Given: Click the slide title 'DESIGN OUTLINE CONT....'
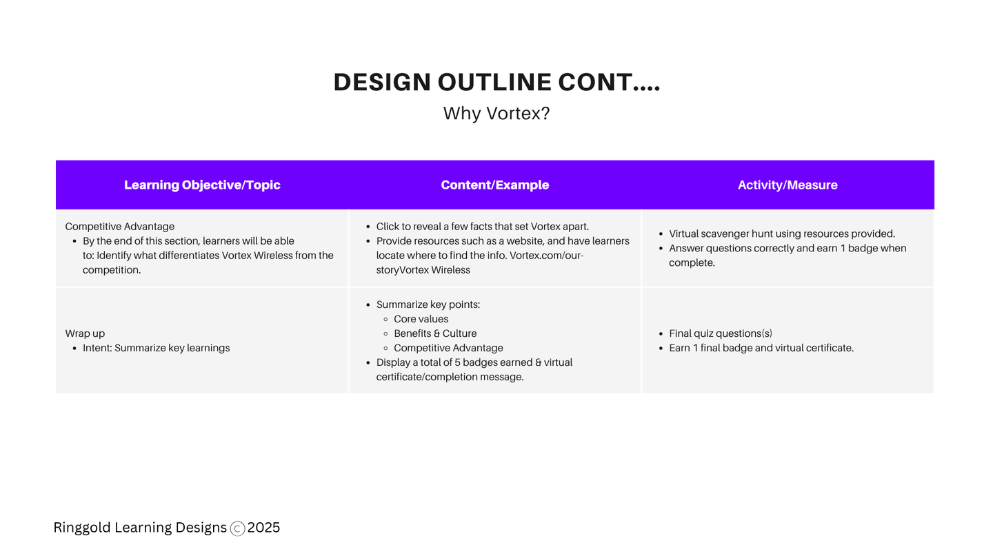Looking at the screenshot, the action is point(496,82).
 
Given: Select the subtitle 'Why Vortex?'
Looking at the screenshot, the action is point(496,114).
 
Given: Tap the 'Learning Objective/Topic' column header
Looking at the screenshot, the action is point(202,185).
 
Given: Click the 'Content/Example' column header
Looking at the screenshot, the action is point(494,185).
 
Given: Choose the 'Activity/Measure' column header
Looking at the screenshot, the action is point(788,185).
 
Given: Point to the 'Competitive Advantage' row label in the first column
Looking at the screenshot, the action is point(120,226).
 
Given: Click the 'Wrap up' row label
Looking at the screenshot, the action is point(85,333).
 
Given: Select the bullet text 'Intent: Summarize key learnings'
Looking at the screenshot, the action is point(156,348).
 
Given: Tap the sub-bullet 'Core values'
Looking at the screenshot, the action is point(421,319).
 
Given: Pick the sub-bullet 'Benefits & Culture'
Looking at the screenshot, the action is point(435,333).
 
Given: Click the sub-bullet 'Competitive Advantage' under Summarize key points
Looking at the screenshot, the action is point(449,348).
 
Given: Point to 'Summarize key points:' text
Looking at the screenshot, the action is point(428,304).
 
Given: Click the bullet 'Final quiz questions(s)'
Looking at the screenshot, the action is point(721,333).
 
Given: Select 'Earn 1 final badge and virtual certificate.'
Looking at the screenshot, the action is point(761,348).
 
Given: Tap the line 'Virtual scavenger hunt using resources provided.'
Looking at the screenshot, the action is point(782,234).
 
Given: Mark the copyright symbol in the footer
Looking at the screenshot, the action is point(238,529).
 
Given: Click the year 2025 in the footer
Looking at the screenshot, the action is point(263,528).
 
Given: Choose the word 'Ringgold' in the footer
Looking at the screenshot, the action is point(82,528).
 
